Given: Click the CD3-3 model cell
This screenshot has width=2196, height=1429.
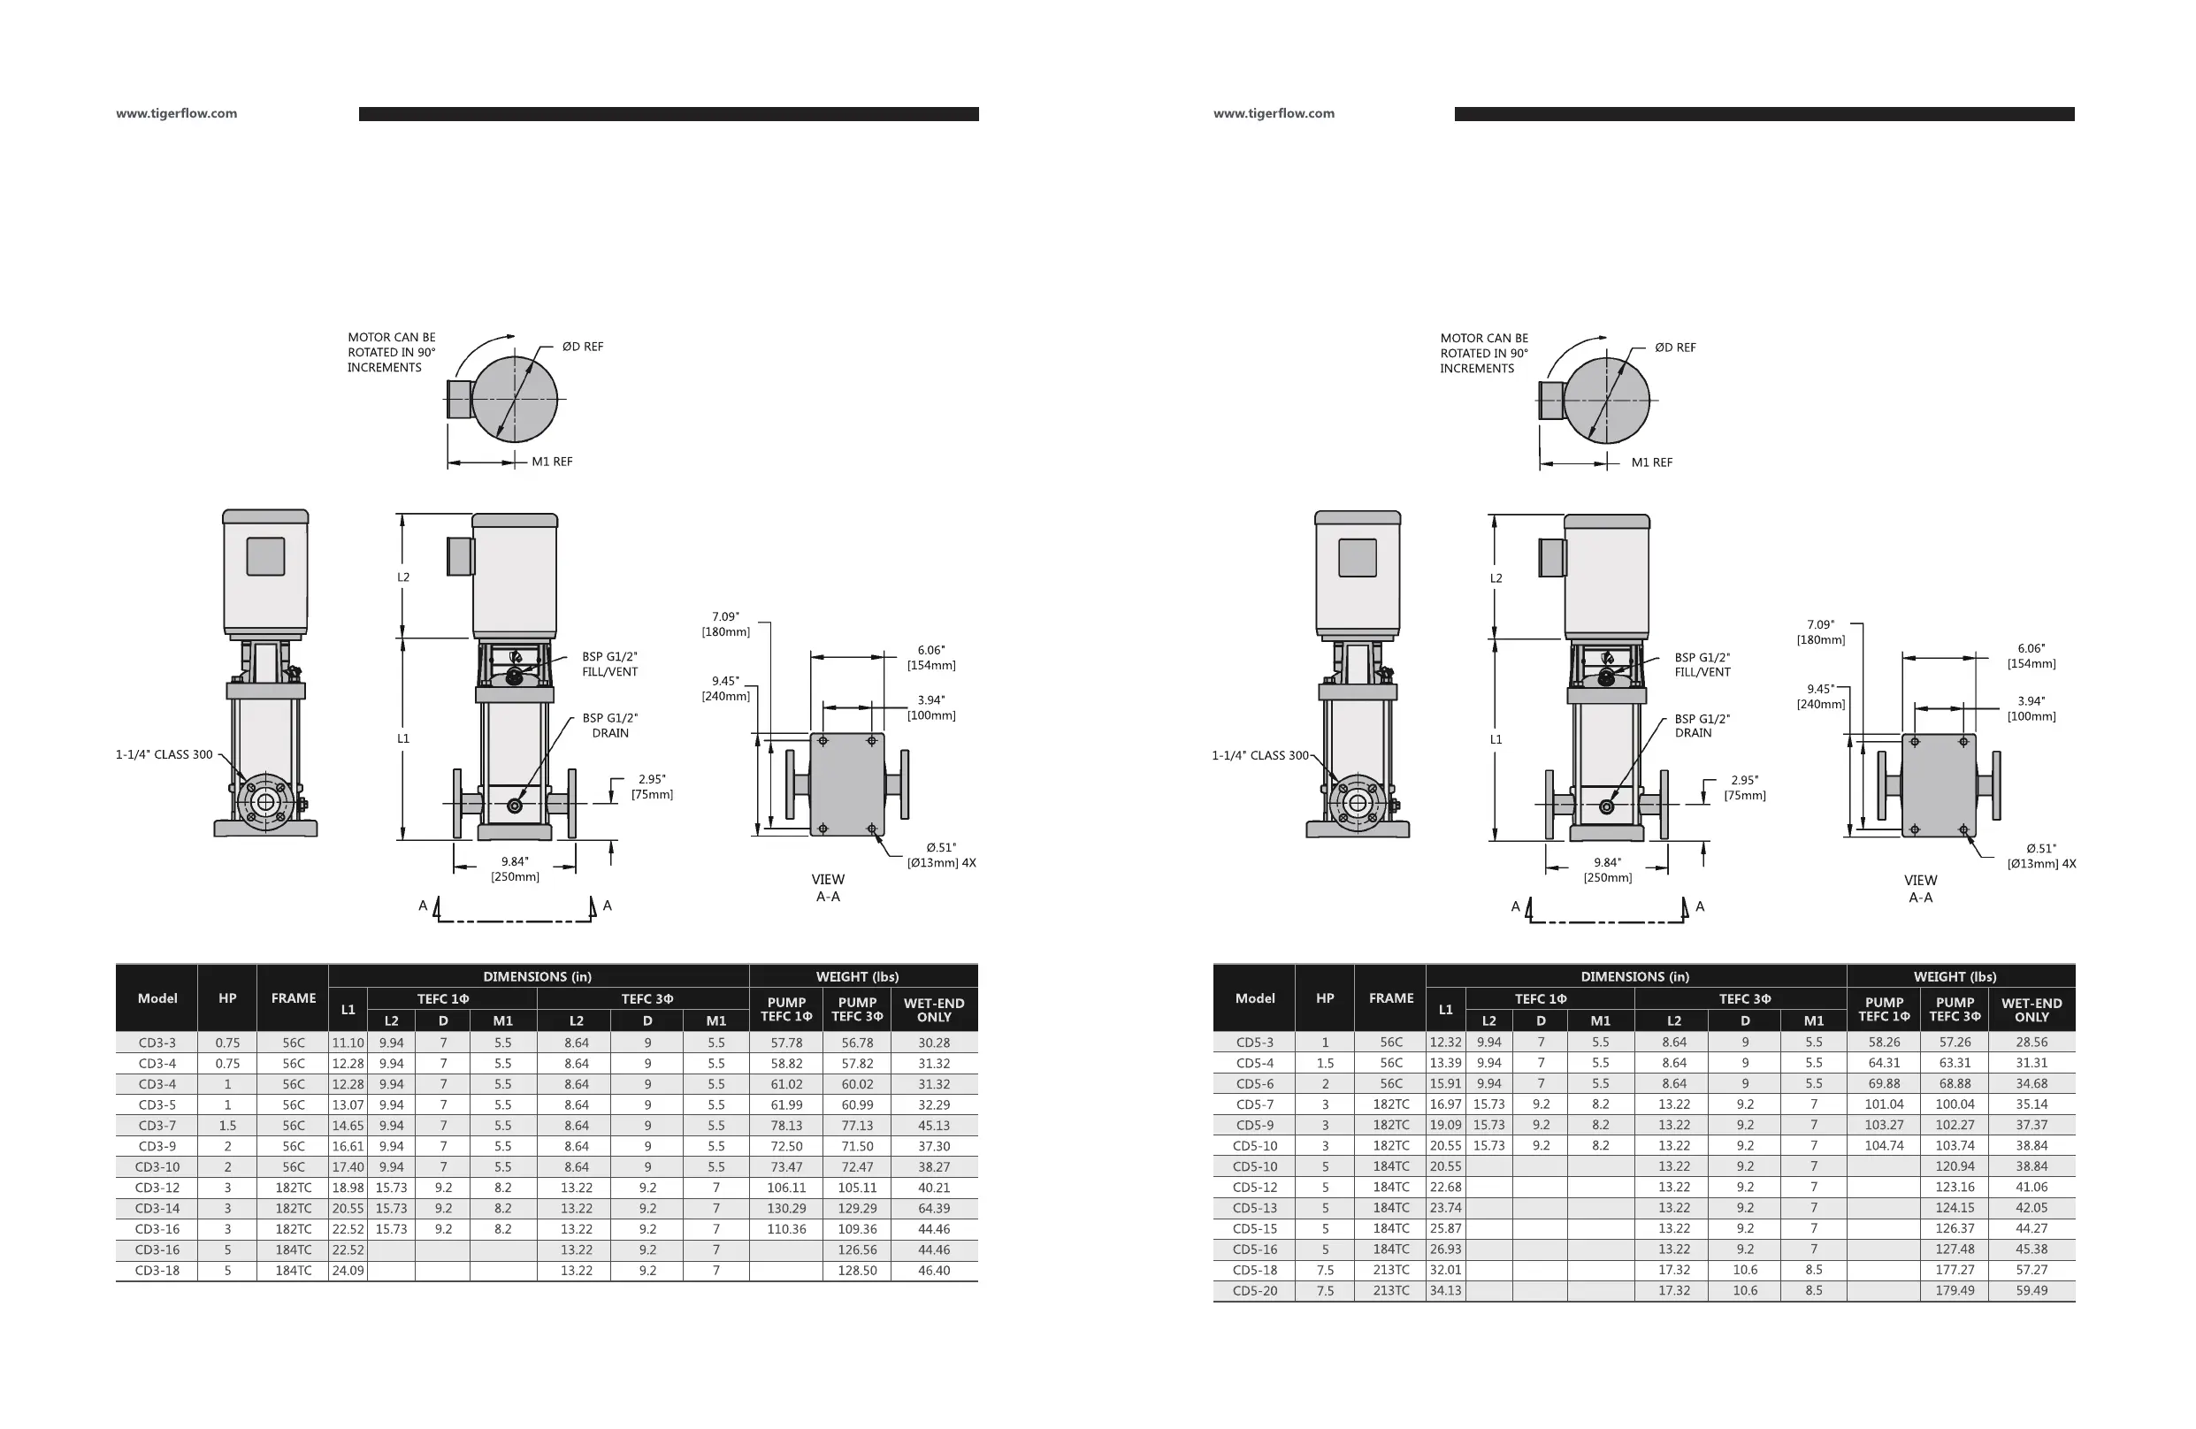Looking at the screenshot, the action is coord(157,1043).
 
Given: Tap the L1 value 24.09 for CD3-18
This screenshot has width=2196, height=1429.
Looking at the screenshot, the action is coord(348,1271).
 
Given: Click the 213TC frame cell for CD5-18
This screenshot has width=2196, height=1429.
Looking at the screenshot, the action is coord(1390,1270).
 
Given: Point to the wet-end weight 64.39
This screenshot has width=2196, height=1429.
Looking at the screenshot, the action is coord(934,1209).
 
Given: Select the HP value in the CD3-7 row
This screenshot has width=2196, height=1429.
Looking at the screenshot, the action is coord(227,1126).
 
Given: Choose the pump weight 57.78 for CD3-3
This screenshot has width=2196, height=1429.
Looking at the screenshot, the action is coord(786,1043).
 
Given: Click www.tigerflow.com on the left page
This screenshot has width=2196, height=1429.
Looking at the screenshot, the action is coord(176,113).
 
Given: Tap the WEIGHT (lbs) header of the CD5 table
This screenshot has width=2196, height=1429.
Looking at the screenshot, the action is coord(1955,976).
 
